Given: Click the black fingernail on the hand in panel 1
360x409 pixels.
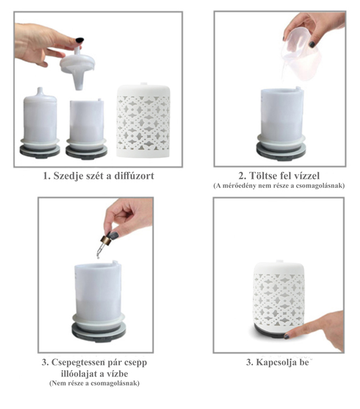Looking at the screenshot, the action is (x=79, y=40).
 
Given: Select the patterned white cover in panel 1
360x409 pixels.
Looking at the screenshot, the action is (x=143, y=120).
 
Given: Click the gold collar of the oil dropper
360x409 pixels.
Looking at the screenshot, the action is (x=105, y=241).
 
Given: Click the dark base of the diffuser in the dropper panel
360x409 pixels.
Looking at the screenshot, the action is (x=99, y=333).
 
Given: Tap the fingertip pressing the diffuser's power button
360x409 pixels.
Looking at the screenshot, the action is (x=288, y=336).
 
